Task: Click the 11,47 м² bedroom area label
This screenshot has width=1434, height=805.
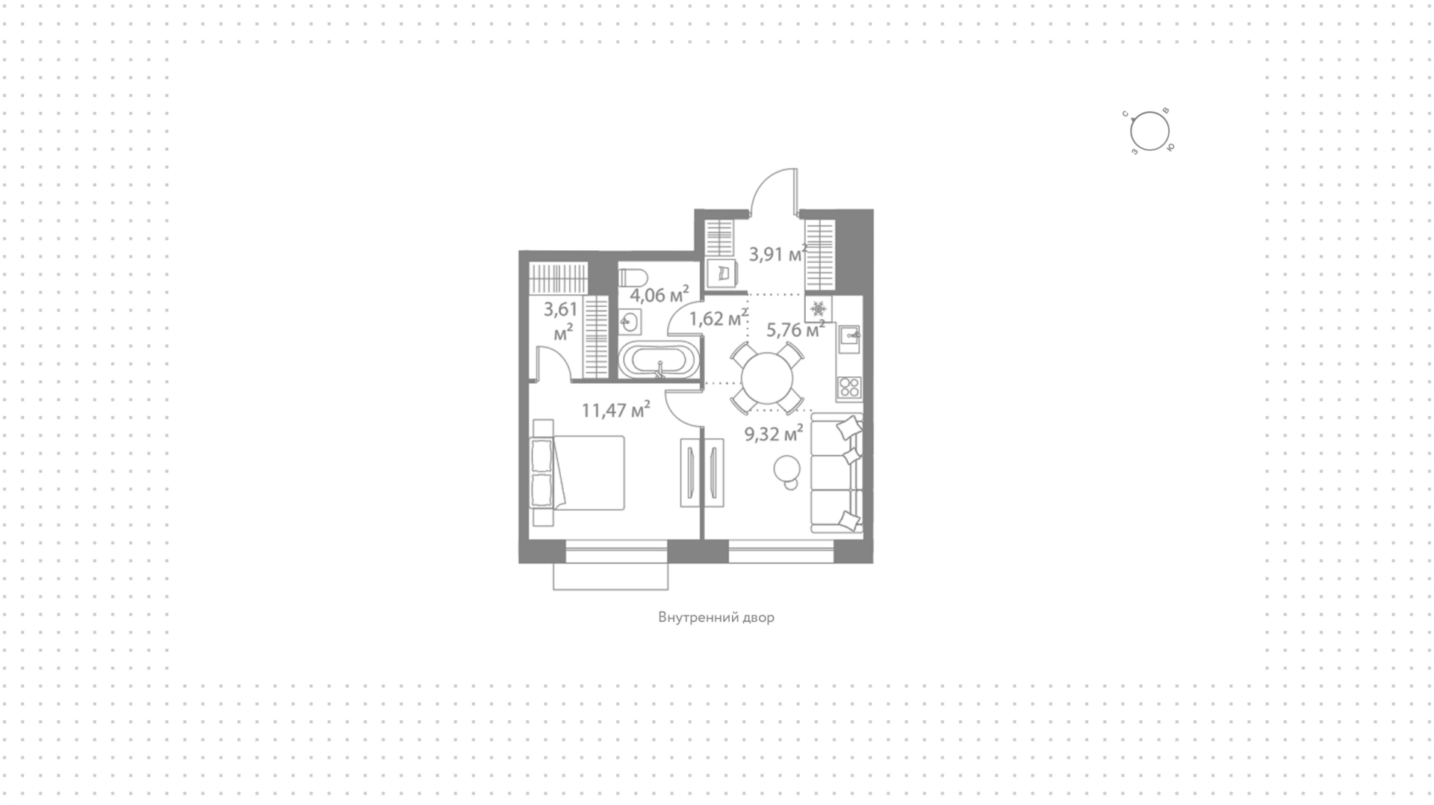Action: point(616,410)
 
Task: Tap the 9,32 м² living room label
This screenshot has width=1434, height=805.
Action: point(774,433)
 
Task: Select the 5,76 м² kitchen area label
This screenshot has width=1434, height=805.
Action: point(795,329)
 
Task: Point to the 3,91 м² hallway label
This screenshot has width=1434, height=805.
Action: point(778,254)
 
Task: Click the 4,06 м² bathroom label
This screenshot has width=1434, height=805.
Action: point(659,295)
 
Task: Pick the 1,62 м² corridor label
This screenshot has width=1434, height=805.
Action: point(718,319)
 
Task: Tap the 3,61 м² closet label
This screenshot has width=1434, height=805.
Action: point(561,321)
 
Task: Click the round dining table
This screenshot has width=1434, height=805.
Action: point(767,378)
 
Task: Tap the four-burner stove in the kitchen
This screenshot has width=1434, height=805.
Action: point(849,386)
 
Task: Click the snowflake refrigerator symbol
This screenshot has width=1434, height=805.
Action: point(819,308)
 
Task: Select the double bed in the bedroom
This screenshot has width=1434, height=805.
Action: point(577,473)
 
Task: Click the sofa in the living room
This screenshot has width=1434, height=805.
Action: point(836,473)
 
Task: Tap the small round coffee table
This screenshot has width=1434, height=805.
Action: point(787,470)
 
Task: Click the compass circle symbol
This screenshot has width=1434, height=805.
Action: point(1149,132)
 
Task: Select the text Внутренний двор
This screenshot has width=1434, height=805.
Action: point(716,618)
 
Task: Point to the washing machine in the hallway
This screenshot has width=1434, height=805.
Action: point(722,274)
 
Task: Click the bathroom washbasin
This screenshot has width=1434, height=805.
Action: point(629,323)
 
